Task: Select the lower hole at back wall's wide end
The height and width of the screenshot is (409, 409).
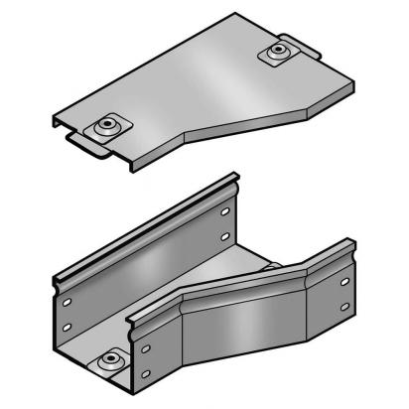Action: point(67,327)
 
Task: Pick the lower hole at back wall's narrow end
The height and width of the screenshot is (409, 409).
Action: point(226,236)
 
